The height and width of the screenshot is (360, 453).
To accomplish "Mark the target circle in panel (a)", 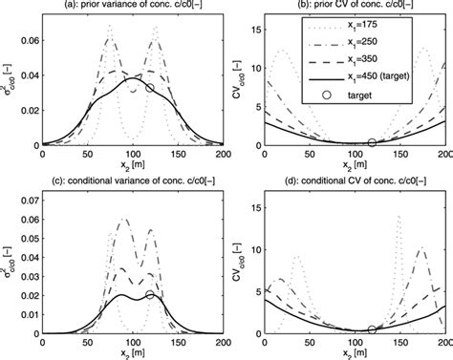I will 150,88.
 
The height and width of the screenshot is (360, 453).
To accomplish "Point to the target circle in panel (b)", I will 372,143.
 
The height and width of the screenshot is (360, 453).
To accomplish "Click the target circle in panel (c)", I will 150,295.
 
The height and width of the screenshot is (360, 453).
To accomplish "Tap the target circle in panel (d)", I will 372,329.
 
